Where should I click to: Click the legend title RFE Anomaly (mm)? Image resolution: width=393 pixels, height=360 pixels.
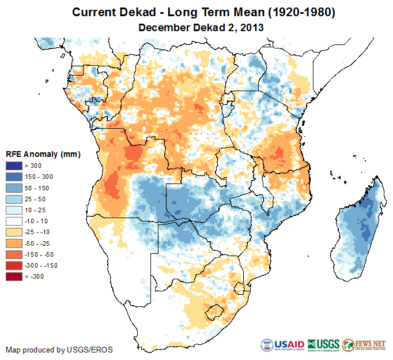tap(43, 155)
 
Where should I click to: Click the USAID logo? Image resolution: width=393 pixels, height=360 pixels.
tap(282, 344)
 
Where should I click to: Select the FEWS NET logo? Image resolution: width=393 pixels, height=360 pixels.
tap(363, 344)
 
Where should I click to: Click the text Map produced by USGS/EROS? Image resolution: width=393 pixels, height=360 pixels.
tap(59, 350)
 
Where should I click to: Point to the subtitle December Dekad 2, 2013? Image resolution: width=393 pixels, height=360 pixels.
tap(197, 27)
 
